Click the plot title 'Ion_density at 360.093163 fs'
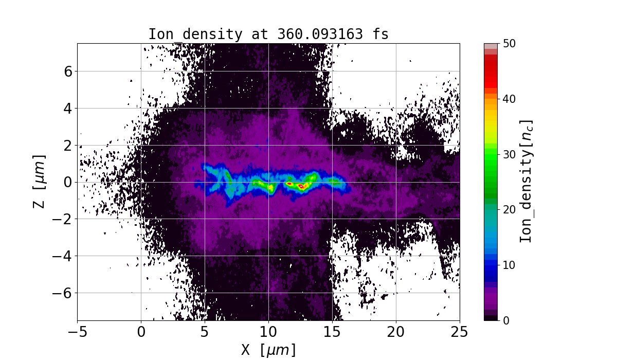pos(268,34)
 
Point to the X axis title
pos(268,350)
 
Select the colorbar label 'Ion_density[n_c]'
pos(525,182)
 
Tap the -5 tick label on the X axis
pos(78,332)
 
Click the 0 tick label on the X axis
pos(141,332)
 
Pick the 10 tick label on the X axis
pos(268,332)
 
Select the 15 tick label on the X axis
pos(332,332)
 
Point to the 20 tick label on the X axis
pos(396,332)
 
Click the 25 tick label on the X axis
pos(460,332)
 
